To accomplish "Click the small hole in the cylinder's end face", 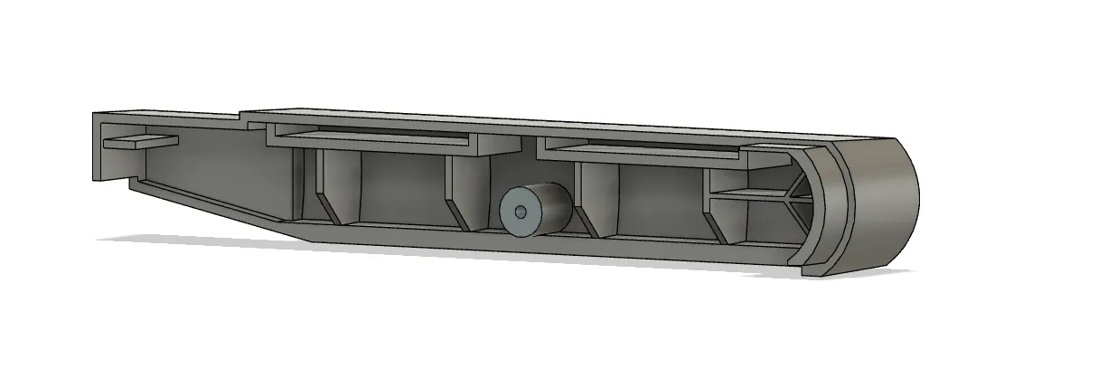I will pyautogui.click(x=520, y=212).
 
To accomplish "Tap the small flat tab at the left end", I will pyautogui.click(x=140, y=141).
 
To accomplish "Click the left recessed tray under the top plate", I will pyautogui.click(x=371, y=138).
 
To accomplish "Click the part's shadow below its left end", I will pyautogui.click(x=181, y=240).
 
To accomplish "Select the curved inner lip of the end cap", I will pyautogui.click(x=827, y=208).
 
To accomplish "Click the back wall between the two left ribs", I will pyautogui.click(x=402, y=185).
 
